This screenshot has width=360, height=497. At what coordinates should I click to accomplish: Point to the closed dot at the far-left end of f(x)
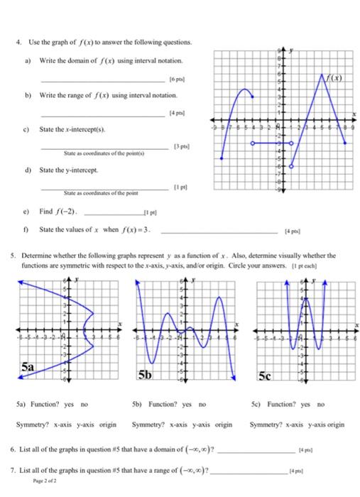point(224,176)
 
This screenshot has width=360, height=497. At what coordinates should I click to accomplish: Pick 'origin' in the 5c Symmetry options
point(334,425)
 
